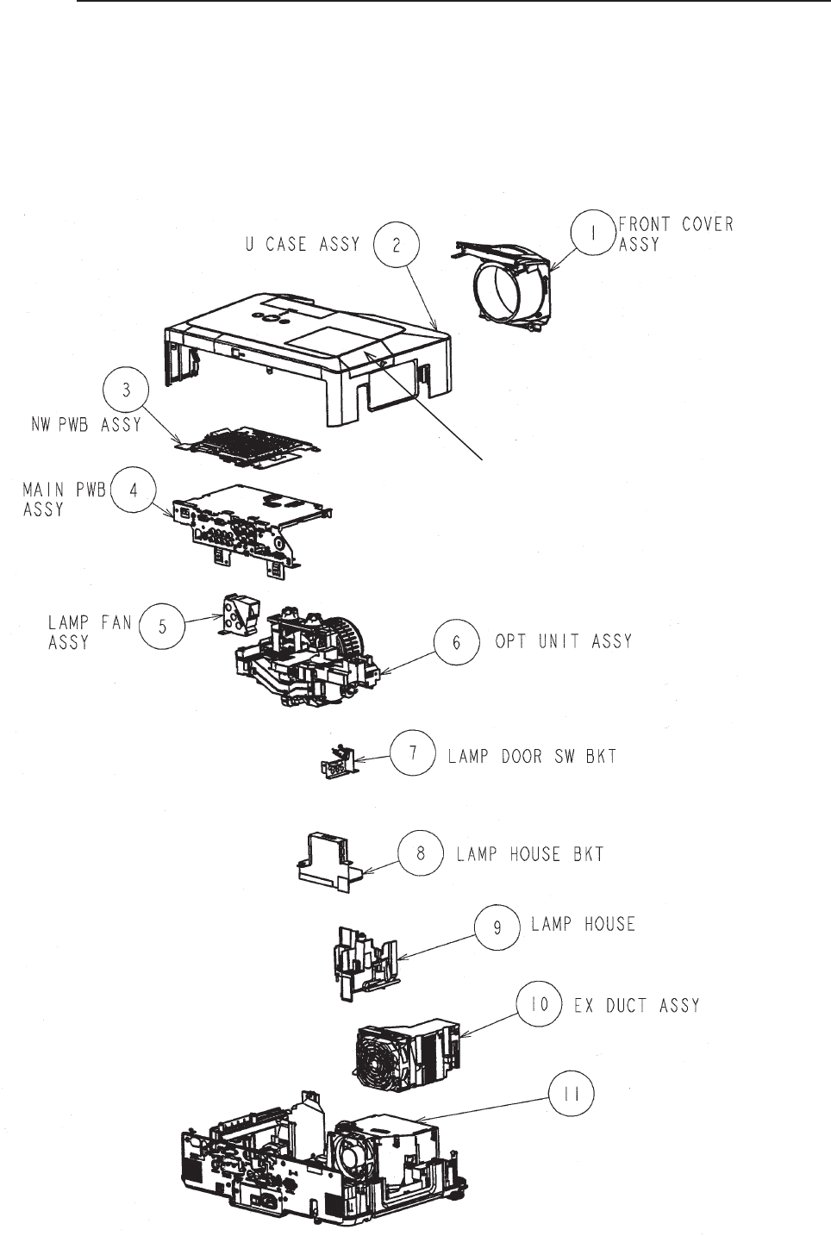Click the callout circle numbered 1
click(x=594, y=234)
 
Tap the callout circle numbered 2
click(x=397, y=245)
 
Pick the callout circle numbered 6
click(x=456, y=642)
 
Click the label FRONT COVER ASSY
click(x=675, y=234)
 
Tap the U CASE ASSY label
click(x=300, y=245)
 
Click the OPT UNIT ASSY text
click(x=563, y=642)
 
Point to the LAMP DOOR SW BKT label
click(x=531, y=757)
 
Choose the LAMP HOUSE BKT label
click(x=529, y=854)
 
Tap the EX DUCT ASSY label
click(x=636, y=1006)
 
